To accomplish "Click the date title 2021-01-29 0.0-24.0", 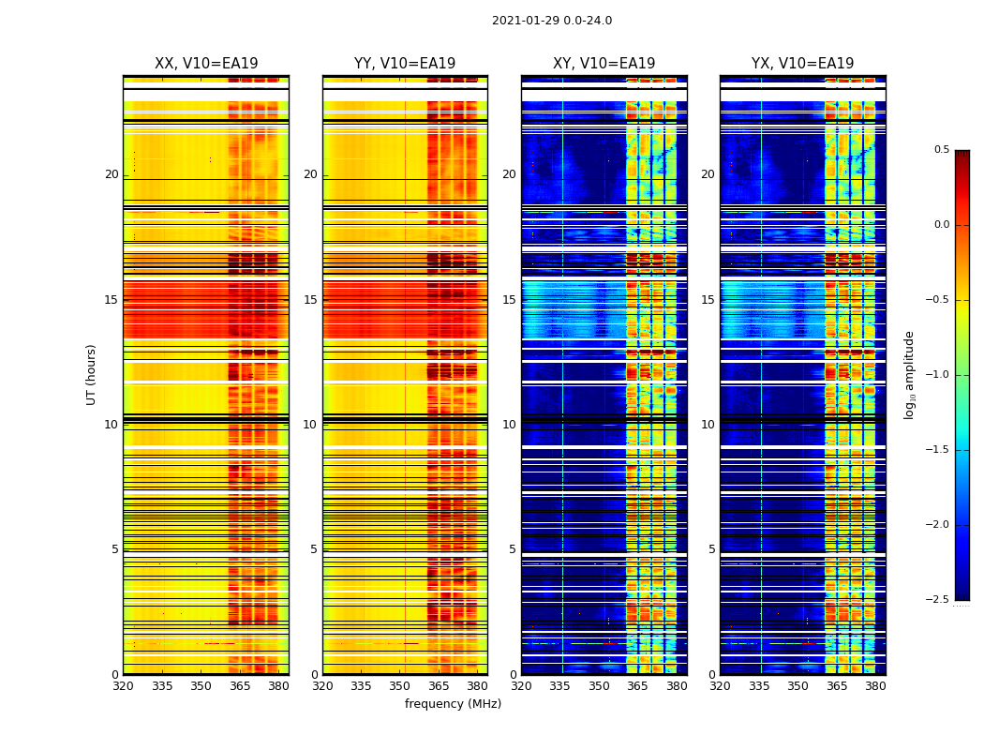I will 551,21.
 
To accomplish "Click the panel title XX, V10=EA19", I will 206,64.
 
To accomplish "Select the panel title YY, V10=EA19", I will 405,64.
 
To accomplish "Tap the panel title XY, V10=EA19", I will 604,64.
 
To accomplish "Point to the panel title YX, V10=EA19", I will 802,64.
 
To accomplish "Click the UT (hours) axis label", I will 92,374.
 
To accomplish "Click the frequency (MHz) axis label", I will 453,704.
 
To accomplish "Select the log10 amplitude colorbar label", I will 909,375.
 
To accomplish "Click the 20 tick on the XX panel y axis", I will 112,174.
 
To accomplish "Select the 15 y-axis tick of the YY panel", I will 311,300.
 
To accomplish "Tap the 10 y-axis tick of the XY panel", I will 510,425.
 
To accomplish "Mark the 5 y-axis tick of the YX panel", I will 712,549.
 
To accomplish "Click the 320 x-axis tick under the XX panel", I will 123,686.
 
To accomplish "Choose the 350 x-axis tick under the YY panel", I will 400,686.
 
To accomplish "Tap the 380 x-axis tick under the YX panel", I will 875,686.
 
